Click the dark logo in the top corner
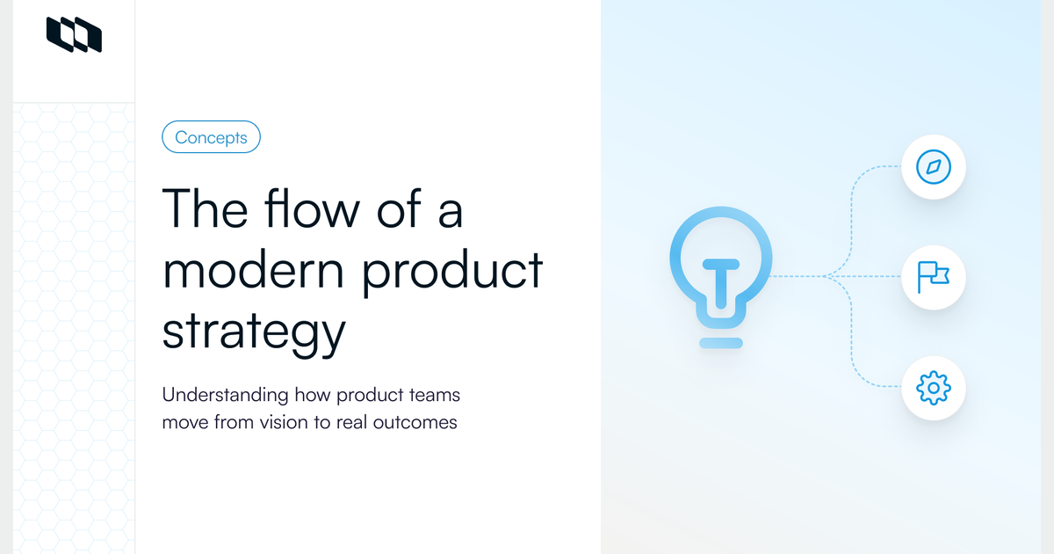[74, 34]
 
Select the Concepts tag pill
[211, 137]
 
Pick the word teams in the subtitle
[433, 395]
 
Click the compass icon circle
[934, 166]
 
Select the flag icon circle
[934, 277]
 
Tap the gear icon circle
[934, 387]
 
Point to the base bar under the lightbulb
[722, 342]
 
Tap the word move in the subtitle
[187, 422]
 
